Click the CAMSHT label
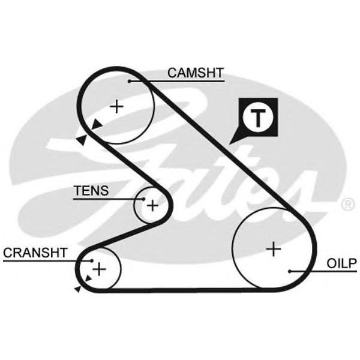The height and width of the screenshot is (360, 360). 195,73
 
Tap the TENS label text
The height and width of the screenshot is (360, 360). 91,191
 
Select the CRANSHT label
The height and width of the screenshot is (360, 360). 35,252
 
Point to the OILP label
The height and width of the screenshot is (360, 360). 342,263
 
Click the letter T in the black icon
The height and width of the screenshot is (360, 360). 257,118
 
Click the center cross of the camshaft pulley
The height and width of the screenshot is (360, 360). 116,106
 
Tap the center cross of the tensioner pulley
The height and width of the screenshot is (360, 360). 153,206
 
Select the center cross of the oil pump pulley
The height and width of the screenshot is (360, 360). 274,248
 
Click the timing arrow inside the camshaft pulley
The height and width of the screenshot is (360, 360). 97,125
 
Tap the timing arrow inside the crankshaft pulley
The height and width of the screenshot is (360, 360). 89,278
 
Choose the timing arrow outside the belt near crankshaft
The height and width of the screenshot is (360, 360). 77,289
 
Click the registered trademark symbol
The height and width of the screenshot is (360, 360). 347,205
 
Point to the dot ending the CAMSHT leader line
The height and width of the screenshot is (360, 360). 129,80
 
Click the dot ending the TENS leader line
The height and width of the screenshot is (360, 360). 144,199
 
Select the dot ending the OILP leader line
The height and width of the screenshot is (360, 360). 290,271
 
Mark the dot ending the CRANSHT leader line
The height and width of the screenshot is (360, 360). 91,260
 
